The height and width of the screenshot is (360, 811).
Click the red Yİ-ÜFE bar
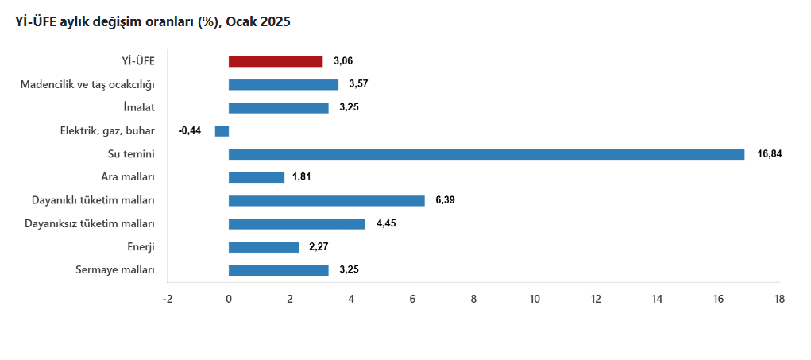[x=276, y=61]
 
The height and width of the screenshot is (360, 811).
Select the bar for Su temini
[x=486, y=154]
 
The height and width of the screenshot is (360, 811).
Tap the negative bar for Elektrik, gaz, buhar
[x=222, y=131]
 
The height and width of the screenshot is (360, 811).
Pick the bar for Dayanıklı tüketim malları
[x=326, y=200]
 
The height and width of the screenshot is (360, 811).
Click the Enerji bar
[x=264, y=247]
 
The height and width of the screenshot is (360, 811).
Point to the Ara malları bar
[x=257, y=177]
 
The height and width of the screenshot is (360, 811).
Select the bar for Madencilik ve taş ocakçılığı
[x=284, y=84]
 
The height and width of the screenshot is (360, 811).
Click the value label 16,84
[x=770, y=154]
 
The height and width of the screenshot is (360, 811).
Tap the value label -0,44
[x=190, y=131]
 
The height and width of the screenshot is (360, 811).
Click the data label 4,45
[x=387, y=224]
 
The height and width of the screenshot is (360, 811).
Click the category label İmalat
[x=140, y=107]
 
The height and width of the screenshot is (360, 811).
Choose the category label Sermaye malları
[x=115, y=270]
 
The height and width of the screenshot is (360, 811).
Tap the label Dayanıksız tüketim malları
[x=91, y=224]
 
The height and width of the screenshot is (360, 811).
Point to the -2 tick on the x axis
[x=168, y=300]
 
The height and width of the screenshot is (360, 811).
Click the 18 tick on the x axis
[x=779, y=300]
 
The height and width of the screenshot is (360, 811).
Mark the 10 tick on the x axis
[x=535, y=300]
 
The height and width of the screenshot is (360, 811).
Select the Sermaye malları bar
[x=279, y=270]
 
